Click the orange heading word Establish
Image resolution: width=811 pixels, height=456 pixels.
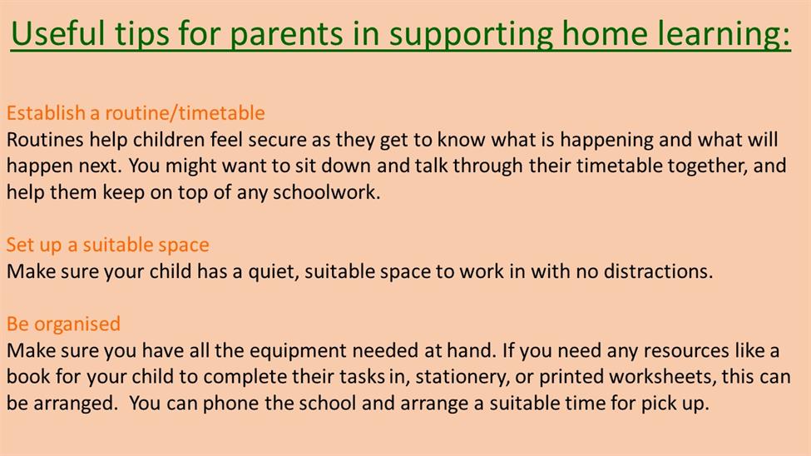[46, 113]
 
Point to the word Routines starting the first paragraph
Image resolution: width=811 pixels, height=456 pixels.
[45, 140]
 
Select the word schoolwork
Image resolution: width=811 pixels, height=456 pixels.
[326, 192]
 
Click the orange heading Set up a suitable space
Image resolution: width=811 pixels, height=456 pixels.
[107, 245]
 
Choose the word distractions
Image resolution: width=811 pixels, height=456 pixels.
[659, 271]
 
